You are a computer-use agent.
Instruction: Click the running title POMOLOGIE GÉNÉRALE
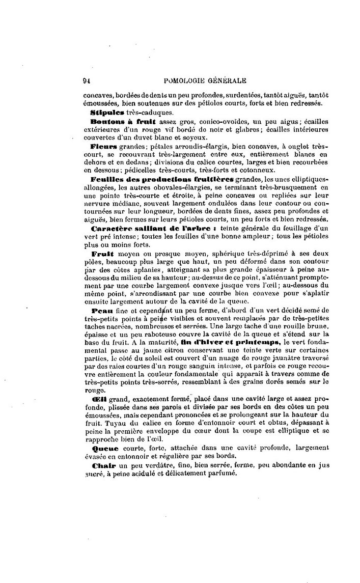203,80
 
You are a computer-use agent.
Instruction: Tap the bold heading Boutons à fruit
122,122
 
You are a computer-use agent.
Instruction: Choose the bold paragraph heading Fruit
102,253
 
